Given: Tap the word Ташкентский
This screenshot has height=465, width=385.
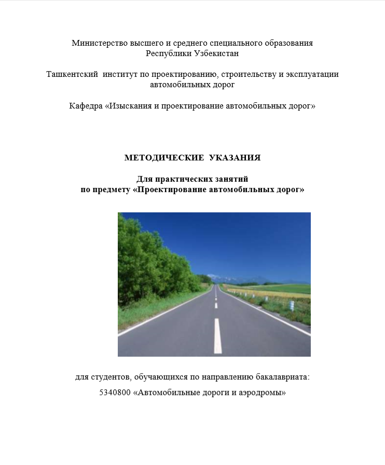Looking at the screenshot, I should (x=72, y=74).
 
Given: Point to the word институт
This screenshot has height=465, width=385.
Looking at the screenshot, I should (x=120, y=74).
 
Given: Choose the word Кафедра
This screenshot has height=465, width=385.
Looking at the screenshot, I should (x=86, y=106).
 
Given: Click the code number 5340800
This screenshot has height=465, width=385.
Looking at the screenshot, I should (x=115, y=393).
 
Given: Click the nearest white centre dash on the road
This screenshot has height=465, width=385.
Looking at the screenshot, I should (x=218, y=336).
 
